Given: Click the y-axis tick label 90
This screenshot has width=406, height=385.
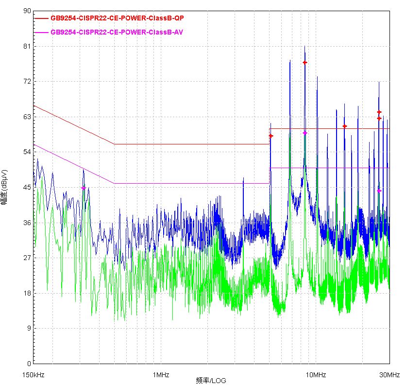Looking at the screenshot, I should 27,11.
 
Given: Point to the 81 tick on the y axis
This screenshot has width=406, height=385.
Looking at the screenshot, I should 27,46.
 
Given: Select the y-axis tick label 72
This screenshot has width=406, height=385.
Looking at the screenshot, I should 27,82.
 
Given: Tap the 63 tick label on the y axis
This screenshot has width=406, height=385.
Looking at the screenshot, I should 27,117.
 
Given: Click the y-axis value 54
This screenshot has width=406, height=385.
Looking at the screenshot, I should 27,152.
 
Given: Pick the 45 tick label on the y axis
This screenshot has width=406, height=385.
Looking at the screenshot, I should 27,188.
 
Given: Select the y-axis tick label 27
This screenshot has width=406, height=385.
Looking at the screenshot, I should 27,258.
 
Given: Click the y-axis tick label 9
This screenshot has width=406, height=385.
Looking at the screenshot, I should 29,329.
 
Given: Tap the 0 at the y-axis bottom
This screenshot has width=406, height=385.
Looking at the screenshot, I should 29,364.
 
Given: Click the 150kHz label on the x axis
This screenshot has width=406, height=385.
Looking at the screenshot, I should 34,375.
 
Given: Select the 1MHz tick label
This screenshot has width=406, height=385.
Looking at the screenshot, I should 161,375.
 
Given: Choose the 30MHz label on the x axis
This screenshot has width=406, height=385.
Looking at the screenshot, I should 389,375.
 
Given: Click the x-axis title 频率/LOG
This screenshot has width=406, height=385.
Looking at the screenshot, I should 211,380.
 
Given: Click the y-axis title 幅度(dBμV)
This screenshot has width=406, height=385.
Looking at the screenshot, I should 4,187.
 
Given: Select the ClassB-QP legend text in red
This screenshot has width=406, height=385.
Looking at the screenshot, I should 117,18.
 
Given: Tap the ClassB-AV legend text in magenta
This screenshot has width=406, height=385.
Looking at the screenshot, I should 117,32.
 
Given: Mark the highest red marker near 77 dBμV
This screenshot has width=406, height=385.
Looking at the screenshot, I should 305,63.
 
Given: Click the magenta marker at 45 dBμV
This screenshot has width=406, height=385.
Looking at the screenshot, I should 83,188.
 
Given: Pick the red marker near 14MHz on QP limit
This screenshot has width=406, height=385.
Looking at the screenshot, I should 345,126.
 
